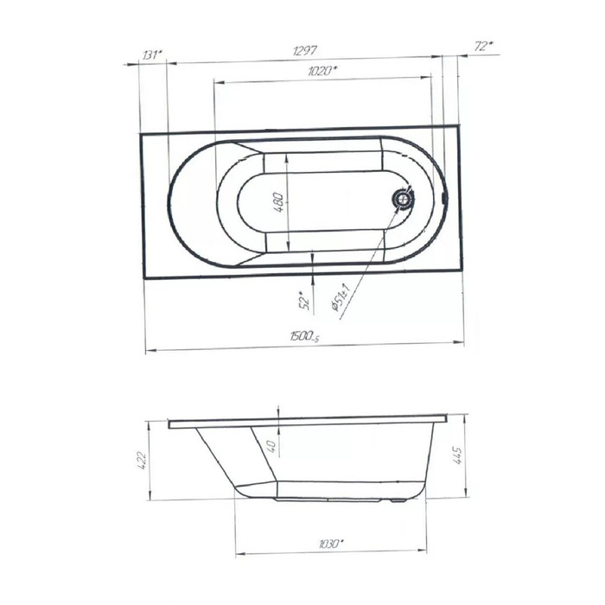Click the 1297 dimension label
(x=305, y=50)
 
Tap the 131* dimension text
(x=152, y=55)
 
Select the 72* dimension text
(x=483, y=47)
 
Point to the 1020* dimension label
(x=322, y=71)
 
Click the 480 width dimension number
(x=279, y=201)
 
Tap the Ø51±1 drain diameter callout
(x=340, y=297)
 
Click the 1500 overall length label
(x=305, y=336)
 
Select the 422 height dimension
(x=142, y=460)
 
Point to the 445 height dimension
(x=456, y=455)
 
